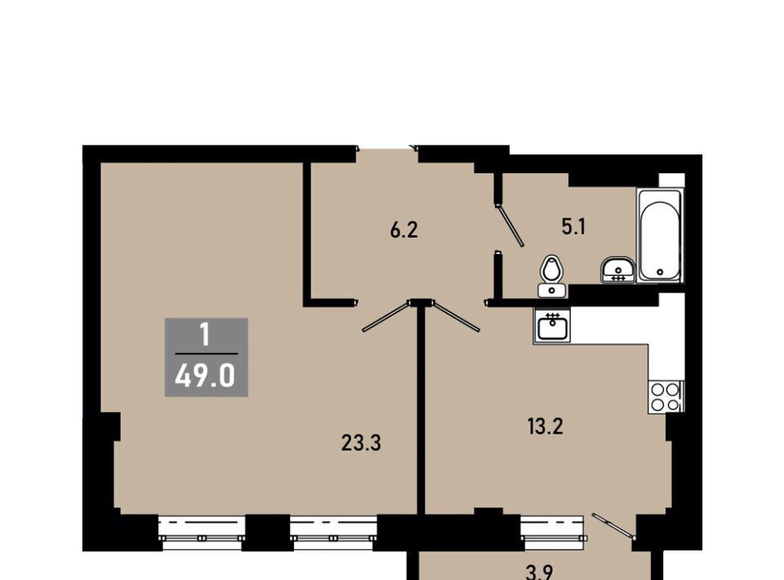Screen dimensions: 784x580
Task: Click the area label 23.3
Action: [x=361, y=443]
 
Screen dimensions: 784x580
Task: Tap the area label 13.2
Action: [x=545, y=426]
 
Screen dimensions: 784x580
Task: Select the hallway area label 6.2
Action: [x=403, y=230]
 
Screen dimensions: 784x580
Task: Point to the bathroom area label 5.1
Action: [x=573, y=227]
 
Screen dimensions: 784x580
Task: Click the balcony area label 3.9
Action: [x=545, y=573]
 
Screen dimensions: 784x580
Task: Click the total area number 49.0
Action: [x=205, y=376]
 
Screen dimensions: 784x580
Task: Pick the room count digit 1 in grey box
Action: [x=204, y=336]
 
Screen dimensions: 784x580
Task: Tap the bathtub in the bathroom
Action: [x=660, y=235]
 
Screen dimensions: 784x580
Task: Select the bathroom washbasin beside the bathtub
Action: [x=618, y=270]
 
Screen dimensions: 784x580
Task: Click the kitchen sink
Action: [x=552, y=324]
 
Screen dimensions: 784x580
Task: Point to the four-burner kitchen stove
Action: [x=666, y=396]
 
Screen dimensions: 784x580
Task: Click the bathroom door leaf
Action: [x=510, y=225]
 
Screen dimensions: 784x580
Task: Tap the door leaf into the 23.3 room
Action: [x=387, y=316]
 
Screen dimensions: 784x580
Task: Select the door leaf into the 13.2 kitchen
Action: [x=457, y=316]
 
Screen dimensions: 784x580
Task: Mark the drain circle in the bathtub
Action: [x=660, y=272]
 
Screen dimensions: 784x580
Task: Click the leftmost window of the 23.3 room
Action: [x=202, y=532]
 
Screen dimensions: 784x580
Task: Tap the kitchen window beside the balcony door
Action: [x=552, y=532]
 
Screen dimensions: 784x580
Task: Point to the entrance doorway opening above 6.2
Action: [x=386, y=149]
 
